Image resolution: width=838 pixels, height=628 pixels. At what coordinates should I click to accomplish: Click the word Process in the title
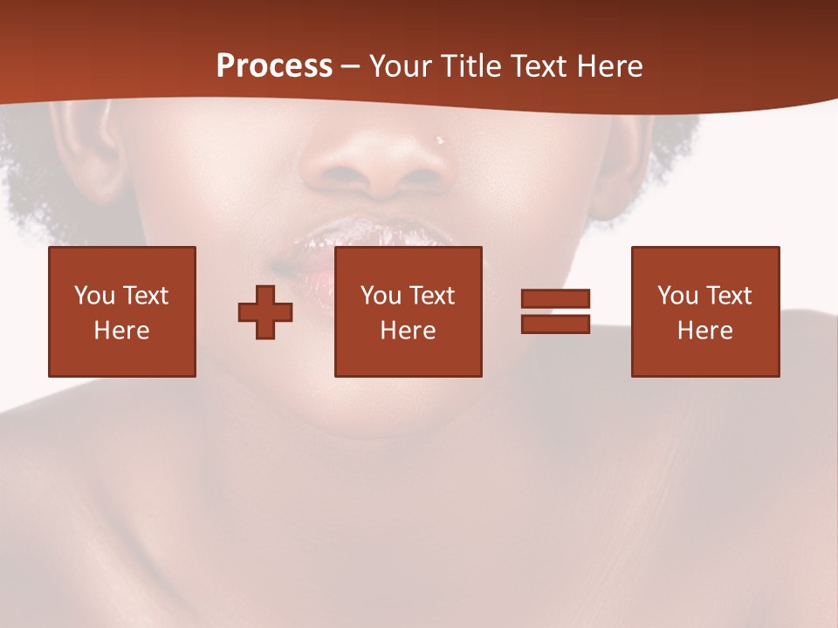point(274,66)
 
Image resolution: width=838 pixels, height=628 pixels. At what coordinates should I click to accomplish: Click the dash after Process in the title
point(350,67)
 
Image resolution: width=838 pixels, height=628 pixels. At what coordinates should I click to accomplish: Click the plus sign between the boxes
point(265,311)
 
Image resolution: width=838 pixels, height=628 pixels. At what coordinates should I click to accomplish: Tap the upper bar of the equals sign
point(555,298)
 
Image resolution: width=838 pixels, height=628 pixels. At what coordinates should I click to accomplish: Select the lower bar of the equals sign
point(555,324)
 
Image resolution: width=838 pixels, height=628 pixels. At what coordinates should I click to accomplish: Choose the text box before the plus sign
point(122,311)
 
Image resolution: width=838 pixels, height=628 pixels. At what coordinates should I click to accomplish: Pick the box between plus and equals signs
point(408,311)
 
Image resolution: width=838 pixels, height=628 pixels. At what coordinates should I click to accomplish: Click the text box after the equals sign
point(705,311)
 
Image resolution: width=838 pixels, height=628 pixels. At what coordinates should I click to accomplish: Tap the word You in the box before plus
point(93,296)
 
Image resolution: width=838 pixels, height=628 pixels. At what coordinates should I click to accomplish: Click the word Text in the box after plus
point(432,296)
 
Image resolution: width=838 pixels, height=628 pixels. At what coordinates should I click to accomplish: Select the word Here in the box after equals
point(705,331)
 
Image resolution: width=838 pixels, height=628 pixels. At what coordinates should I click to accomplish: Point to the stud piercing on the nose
point(440,140)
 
